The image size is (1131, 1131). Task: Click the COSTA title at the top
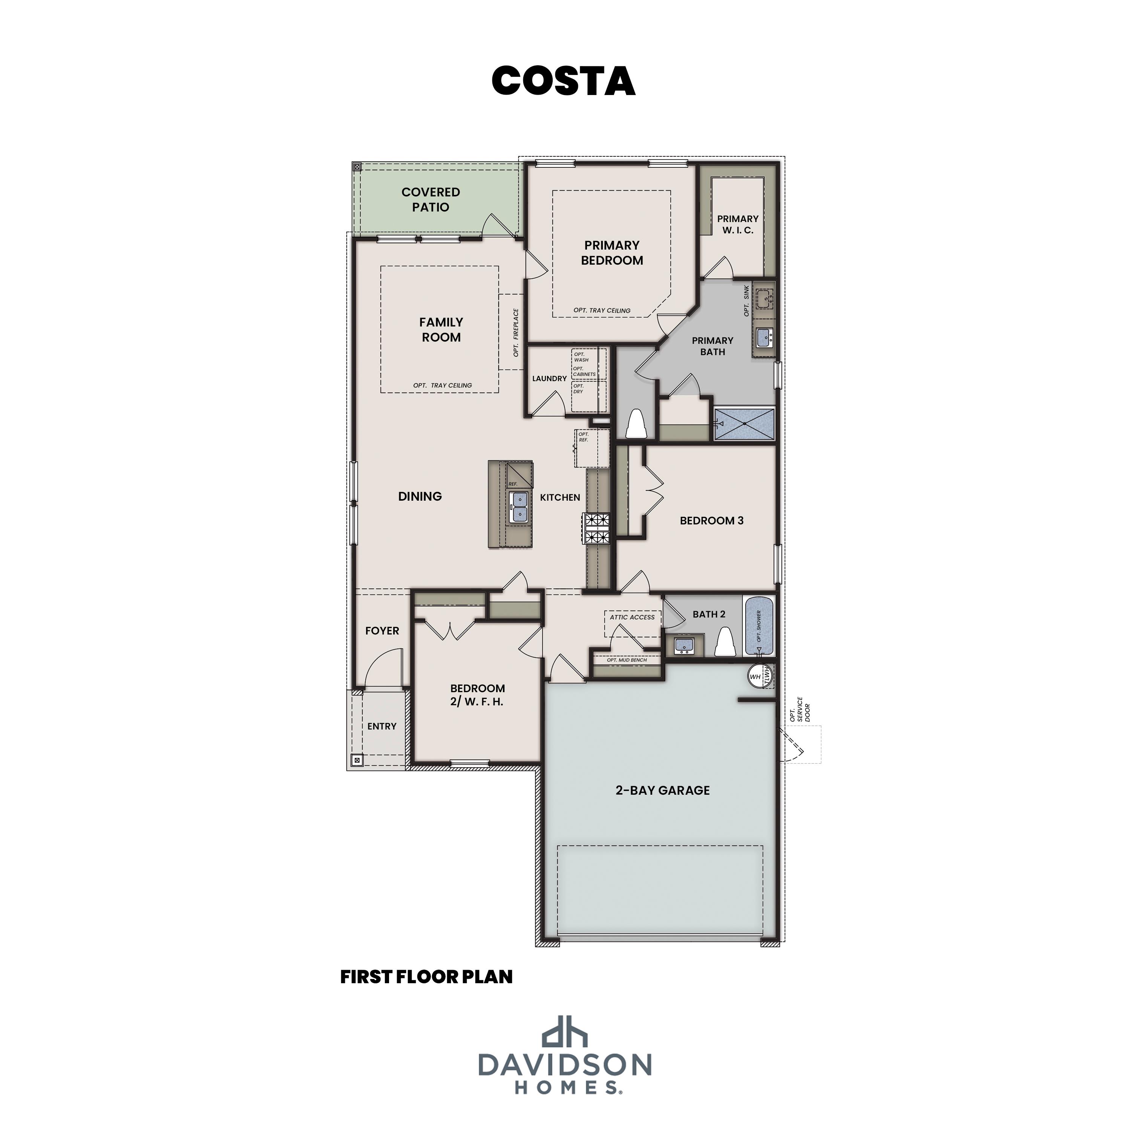(x=563, y=81)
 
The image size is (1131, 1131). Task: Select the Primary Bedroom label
(x=612, y=253)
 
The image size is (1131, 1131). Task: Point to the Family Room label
(x=441, y=329)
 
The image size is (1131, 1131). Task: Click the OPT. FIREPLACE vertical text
(x=516, y=333)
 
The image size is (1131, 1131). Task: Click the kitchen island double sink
(x=519, y=507)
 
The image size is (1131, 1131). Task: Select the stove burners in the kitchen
(x=596, y=528)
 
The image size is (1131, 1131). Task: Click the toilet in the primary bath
(x=636, y=424)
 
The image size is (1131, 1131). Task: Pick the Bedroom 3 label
(x=711, y=520)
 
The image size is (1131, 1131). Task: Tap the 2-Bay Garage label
(x=662, y=790)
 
